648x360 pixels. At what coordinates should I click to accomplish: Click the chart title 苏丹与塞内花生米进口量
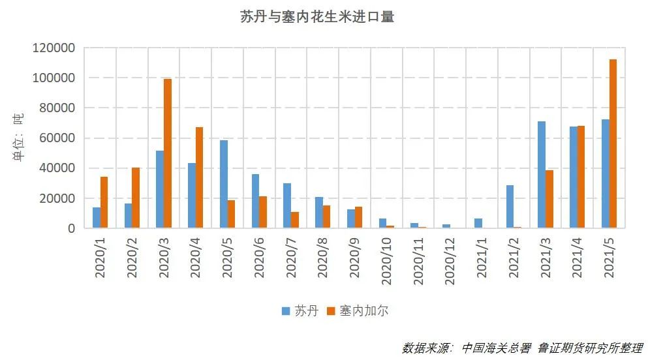[317, 18]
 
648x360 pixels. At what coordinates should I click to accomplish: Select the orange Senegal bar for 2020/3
[168, 153]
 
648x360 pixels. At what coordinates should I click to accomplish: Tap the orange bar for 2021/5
[613, 143]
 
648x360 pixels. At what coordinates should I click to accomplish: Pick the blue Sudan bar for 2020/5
[224, 184]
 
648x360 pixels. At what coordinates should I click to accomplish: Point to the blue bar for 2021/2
[510, 207]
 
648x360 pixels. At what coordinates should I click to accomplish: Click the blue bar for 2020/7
[287, 205]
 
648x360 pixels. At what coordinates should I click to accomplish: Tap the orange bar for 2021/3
[549, 199]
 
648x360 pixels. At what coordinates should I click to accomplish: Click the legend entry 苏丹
[300, 310]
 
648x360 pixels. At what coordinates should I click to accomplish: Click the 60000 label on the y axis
[57, 138]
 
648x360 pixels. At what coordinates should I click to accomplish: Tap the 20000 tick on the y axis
[57, 198]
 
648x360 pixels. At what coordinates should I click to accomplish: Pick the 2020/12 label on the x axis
[450, 257]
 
